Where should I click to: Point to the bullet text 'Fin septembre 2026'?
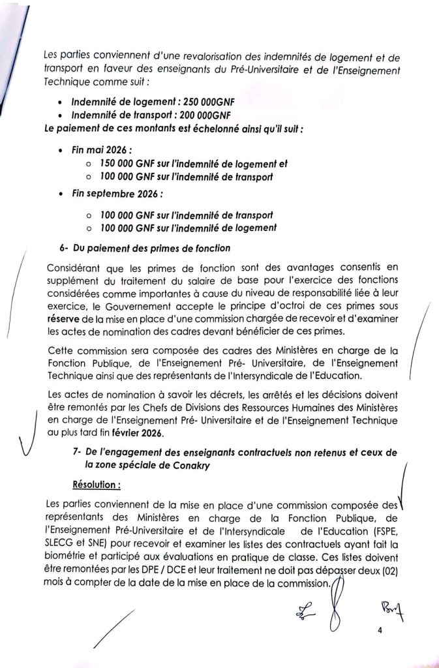116,194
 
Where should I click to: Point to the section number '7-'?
78,453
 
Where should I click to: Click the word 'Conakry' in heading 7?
192,466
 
